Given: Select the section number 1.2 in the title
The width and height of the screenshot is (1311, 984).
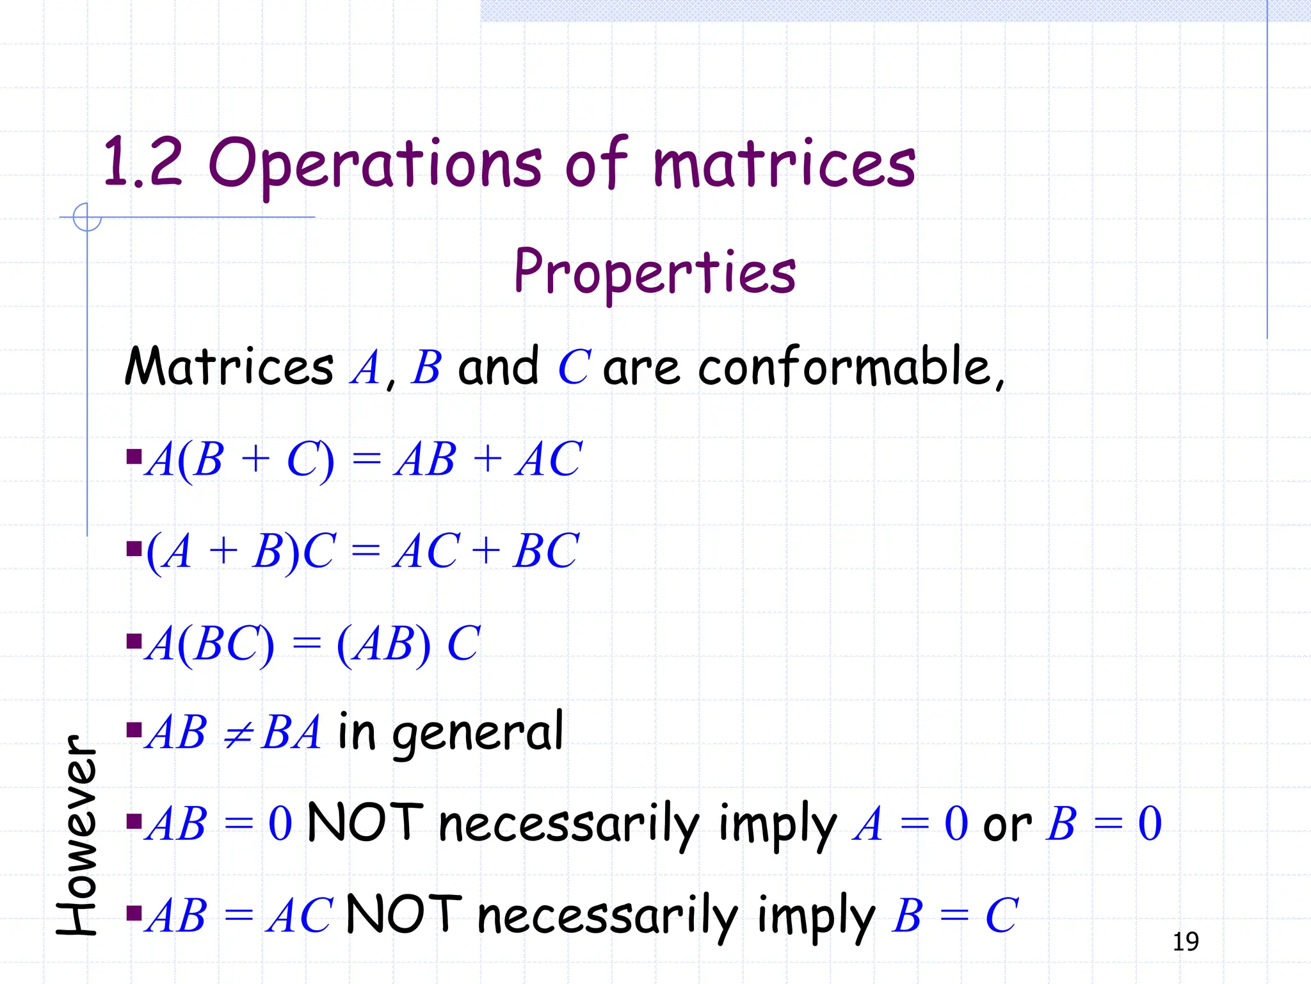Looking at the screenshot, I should (x=142, y=163).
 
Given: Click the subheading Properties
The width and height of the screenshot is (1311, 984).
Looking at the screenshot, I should (x=655, y=272).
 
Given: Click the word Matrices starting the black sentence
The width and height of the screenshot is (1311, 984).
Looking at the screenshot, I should (x=229, y=366).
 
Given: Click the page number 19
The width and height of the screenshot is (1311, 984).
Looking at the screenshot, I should (x=1186, y=942).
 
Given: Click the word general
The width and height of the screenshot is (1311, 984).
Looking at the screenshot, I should (x=478, y=733).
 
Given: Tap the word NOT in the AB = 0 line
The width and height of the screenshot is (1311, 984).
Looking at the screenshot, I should (x=365, y=823).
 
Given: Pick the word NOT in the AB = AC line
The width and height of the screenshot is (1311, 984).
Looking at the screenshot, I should (x=403, y=914).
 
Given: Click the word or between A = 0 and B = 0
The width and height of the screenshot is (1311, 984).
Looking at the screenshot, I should (x=1007, y=824).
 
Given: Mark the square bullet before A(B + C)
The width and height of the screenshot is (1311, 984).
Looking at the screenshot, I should (x=134, y=457).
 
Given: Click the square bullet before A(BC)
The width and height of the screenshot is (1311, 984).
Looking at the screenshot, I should (x=134, y=641).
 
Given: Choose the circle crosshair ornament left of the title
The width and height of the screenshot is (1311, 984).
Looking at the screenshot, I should (x=87, y=217).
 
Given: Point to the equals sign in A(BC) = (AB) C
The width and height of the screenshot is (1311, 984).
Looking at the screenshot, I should (x=306, y=643).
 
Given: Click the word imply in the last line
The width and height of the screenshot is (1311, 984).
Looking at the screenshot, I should (x=815, y=916).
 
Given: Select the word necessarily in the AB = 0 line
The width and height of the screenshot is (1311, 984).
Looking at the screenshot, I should (x=568, y=824).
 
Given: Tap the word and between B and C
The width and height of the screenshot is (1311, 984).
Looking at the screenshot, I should (x=498, y=366).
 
